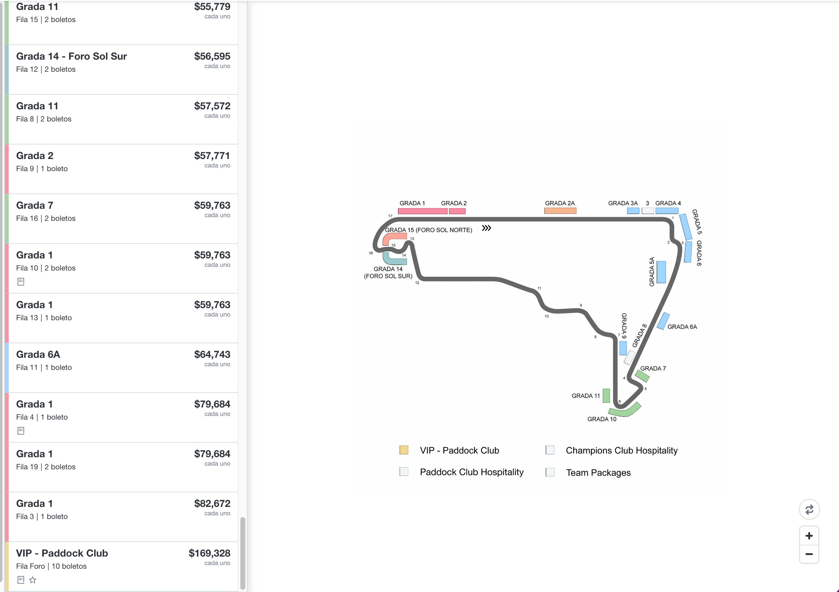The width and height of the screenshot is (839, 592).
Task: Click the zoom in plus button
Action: pos(809,536)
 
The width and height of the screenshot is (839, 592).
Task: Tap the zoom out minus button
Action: pos(809,554)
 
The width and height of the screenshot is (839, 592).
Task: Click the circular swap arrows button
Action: pos(810,509)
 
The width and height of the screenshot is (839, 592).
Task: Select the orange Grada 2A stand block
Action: pos(560,211)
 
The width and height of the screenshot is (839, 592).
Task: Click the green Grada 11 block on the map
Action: pos(606,396)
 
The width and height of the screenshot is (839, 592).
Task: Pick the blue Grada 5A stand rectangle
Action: pos(661,272)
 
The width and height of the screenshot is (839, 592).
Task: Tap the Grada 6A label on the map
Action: pos(682,327)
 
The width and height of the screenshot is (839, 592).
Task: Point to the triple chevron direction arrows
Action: pos(486,228)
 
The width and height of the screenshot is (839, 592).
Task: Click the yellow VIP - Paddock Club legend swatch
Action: pos(404,450)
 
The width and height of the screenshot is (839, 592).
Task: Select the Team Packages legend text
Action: pos(598,472)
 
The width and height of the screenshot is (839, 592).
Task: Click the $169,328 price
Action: pos(209,553)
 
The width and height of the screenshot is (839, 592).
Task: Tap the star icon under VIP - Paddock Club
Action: pos(33,580)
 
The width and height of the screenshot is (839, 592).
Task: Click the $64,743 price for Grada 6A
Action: pos(212,354)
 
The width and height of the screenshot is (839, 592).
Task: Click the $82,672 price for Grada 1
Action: pos(212,503)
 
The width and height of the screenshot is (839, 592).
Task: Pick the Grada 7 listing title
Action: pos(35,205)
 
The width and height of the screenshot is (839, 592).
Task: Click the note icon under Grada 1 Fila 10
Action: pos(21,282)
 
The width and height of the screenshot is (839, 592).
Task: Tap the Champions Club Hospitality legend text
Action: pos(621,451)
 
